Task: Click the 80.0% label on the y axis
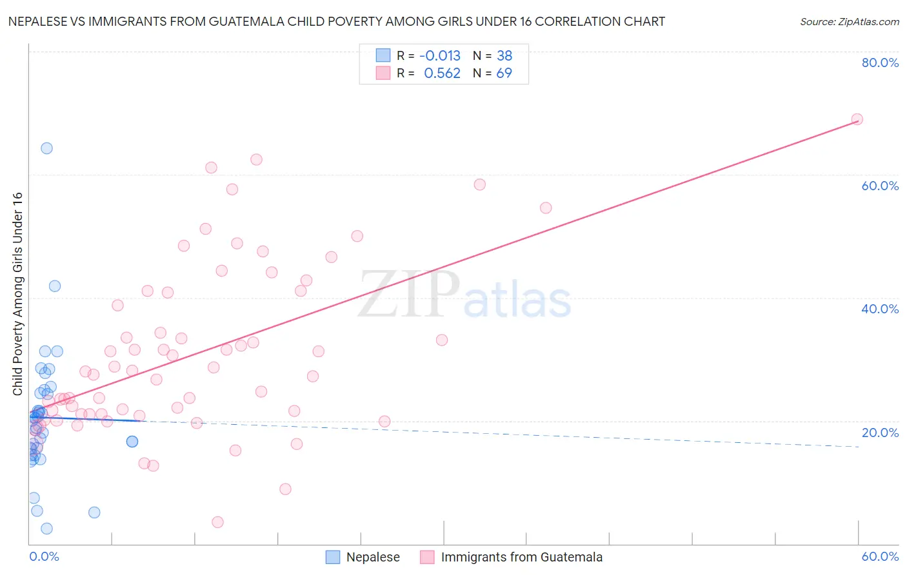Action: [880, 63]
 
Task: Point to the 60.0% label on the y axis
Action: [880, 186]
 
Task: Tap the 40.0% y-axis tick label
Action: [880, 309]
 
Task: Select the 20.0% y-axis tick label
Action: [880, 433]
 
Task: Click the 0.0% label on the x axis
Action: [44, 556]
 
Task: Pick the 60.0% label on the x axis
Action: [880, 556]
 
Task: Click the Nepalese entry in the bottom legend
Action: [373, 557]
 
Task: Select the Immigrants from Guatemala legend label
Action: [521, 557]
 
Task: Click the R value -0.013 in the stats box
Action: [440, 56]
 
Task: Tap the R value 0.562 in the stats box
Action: [442, 73]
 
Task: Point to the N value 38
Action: [504, 56]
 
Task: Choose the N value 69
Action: [504, 73]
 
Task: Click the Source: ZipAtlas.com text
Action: [849, 22]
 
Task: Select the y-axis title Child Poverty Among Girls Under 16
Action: [17, 294]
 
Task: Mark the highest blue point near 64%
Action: [46, 148]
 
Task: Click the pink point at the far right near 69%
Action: [857, 119]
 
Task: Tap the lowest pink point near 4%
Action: [218, 522]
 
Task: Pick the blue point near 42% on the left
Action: [55, 286]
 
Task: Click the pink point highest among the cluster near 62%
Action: [256, 160]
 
